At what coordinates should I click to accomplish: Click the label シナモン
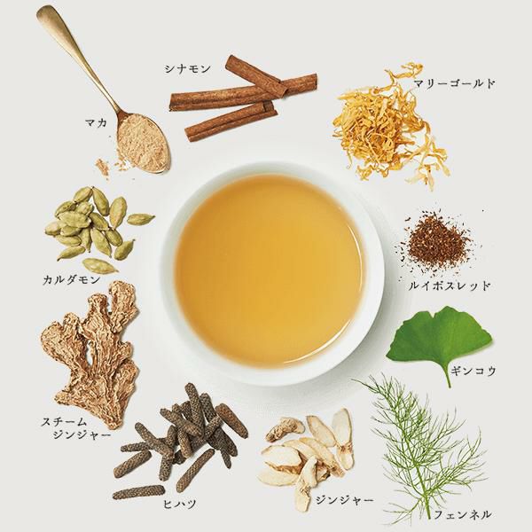point(188,69)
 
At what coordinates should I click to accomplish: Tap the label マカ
point(97,123)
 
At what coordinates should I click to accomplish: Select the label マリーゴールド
point(454,83)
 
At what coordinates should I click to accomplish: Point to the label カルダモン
point(72,280)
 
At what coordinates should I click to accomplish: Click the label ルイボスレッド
point(450,286)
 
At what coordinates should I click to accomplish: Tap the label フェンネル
point(463,514)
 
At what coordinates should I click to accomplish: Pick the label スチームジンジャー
point(76,428)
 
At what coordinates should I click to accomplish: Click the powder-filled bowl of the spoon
point(143,143)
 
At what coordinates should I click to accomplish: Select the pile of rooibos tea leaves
point(435,242)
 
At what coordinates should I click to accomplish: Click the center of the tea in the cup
point(270,272)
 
